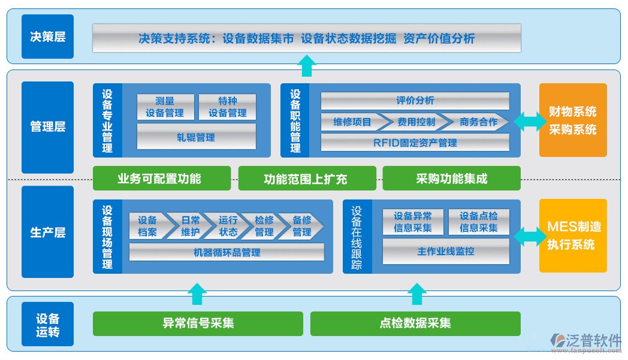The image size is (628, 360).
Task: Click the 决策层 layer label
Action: click(x=47, y=37)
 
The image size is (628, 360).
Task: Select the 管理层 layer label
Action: click(x=47, y=127)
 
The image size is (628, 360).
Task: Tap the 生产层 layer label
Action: click(x=47, y=232)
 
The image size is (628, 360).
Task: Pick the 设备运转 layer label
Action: click(x=47, y=324)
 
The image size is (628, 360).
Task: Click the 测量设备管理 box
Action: click(x=165, y=107)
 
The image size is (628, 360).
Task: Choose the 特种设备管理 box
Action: click(x=227, y=107)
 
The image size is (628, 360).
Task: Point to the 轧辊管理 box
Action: click(x=196, y=137)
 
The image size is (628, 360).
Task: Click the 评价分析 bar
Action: click(x=415, y=101)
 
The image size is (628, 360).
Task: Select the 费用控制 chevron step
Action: click(x=416, y=122)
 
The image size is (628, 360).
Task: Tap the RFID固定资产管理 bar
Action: click(x=415, y=143)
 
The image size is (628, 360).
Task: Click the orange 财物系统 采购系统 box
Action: click(x=573, y=120)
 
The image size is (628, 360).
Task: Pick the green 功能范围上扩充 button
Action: click(x=307, y=179)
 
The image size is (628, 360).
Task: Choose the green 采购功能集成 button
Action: click(x=451, y=179)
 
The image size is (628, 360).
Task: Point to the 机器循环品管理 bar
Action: click(x=227, y=252)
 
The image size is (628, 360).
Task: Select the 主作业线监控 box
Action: click(x=446, y=251)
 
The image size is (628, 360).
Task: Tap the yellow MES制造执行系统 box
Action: click(x=573, y=235)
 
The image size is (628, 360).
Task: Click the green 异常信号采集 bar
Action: click(x=198, y=323)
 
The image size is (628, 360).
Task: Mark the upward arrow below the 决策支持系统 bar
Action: click(x=307, y=65)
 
